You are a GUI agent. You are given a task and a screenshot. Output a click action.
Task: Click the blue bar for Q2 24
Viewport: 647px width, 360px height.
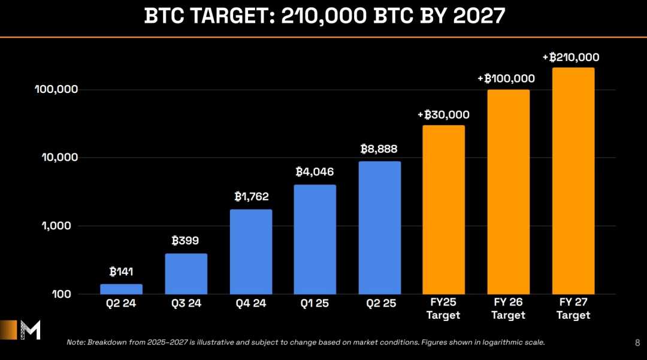click(121, 289)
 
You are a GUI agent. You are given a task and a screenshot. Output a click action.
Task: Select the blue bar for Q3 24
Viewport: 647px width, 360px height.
click(186, 274)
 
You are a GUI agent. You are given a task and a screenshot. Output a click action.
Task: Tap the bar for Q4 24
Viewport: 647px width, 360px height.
click(250, 252)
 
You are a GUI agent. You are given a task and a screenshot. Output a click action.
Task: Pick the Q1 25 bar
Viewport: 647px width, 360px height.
click(315, 240)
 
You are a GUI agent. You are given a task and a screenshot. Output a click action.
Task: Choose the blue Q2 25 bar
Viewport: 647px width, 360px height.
click(380, 228)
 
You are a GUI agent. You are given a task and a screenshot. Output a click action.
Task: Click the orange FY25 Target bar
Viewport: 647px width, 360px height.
click(444, 210)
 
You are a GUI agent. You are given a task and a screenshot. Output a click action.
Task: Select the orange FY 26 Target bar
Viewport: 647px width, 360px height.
click(508, 192)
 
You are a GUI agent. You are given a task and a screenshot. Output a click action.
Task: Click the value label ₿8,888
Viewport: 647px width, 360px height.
click(379, 149)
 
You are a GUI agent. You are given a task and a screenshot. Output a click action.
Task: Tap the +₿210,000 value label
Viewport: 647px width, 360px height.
click(571, 58)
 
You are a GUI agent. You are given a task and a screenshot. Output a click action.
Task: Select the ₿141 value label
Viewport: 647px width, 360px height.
click(121, 272)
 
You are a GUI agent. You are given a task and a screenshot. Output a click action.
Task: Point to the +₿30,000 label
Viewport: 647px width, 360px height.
click(443, 115)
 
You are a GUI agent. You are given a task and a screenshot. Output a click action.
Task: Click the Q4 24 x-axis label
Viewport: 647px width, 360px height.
click(250, 303)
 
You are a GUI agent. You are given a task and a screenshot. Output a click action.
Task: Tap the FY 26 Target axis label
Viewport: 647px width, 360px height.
click(508, 308)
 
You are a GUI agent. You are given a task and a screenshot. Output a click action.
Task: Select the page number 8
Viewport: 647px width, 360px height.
click(636, 343)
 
